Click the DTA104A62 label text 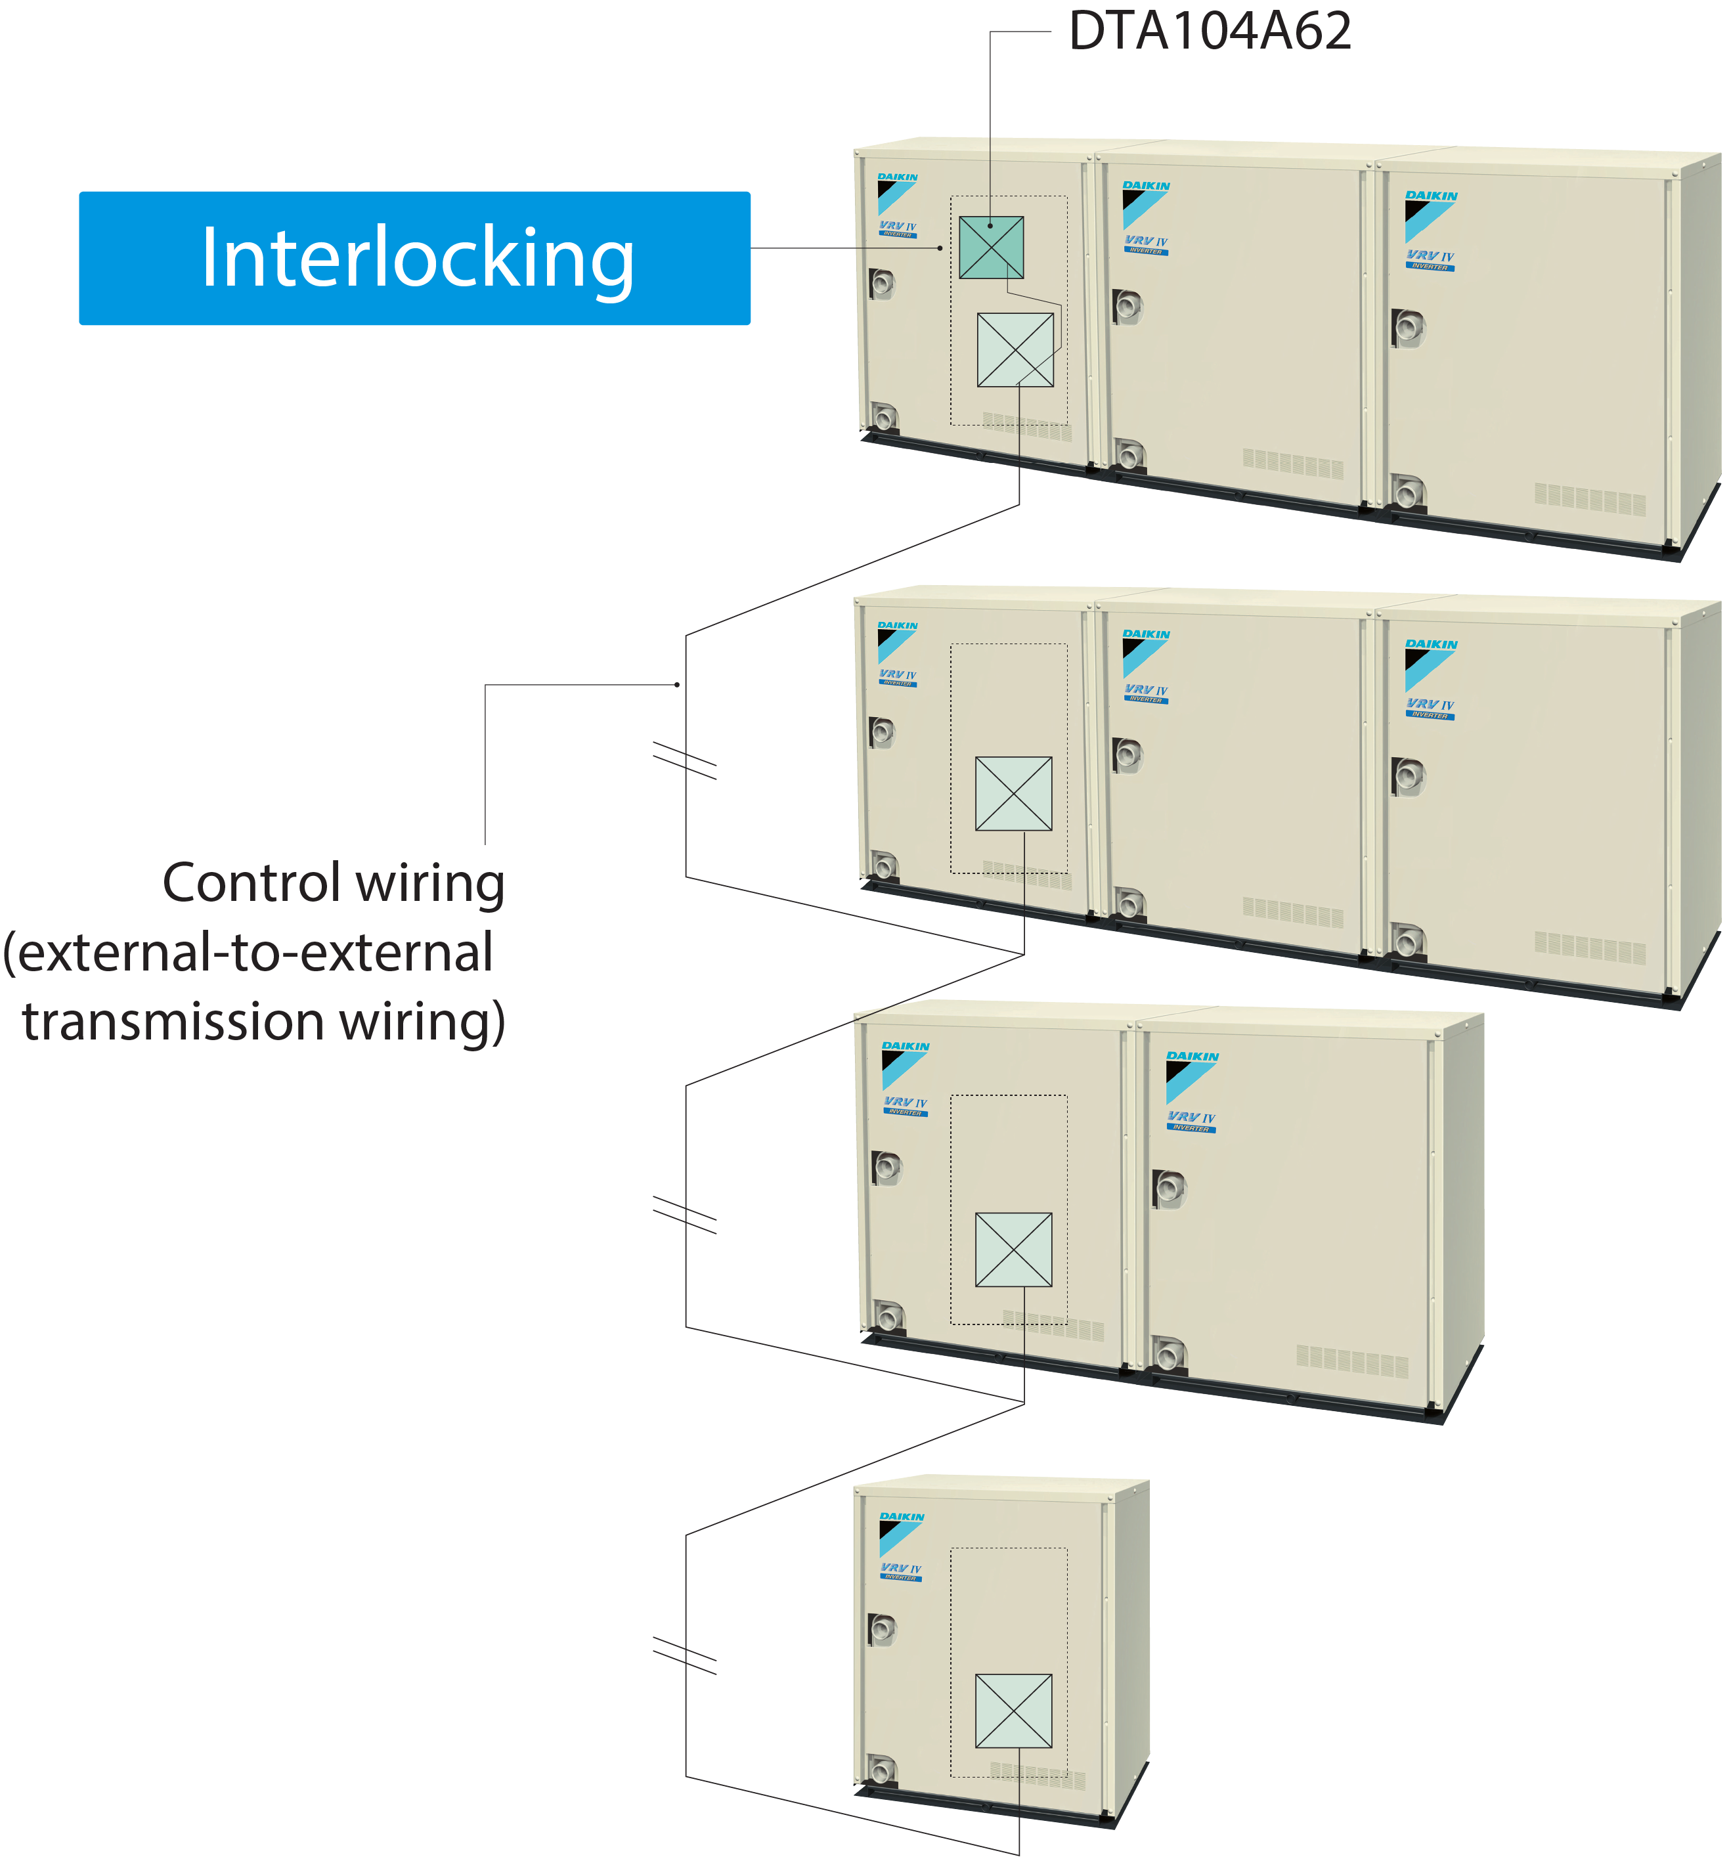[1209, 31]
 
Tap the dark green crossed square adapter [990, 247]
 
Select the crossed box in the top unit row [1015, 349]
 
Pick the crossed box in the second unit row [1013, 793]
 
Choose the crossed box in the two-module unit [1013, 1249]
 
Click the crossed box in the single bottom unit [1013, 1711]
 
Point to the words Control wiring [334, 883]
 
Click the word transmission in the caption [175, 1021]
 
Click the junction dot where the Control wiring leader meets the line [677, 685]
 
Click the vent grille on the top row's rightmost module [1589, 499]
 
